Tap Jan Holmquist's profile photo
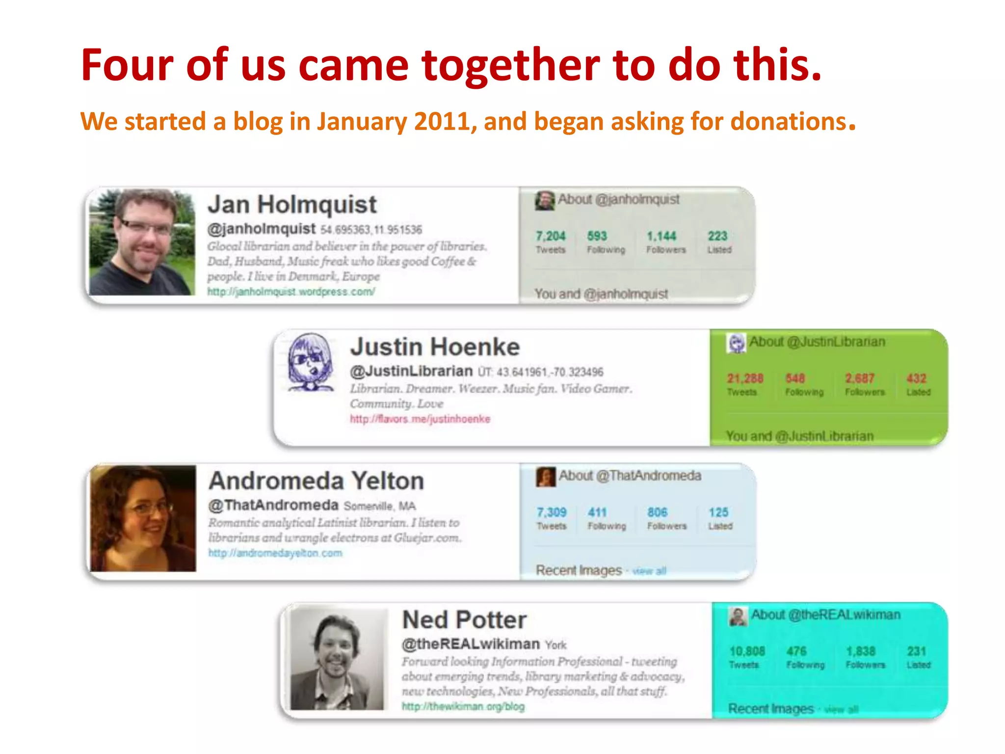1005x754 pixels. (142, 242)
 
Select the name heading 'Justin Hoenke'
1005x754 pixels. (435, 347)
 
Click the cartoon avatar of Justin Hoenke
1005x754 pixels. (310, 362)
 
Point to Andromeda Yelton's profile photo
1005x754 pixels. (143, 518)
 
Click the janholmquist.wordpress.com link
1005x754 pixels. (291, 292)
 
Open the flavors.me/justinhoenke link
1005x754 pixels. (420, 419)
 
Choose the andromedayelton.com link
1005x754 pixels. (275, 553)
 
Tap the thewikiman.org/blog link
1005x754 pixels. (463, 706)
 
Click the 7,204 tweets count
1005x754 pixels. (550, 236)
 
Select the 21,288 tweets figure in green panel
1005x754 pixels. (745, 378)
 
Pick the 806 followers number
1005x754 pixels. (657, 512)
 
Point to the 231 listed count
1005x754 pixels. (916, 651)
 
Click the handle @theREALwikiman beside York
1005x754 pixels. (471, 644)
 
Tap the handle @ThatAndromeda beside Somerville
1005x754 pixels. (273, 505)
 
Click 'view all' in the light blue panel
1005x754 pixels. (649, 571)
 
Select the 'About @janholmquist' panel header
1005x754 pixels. (618, 199)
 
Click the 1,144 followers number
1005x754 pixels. (661, 236)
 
